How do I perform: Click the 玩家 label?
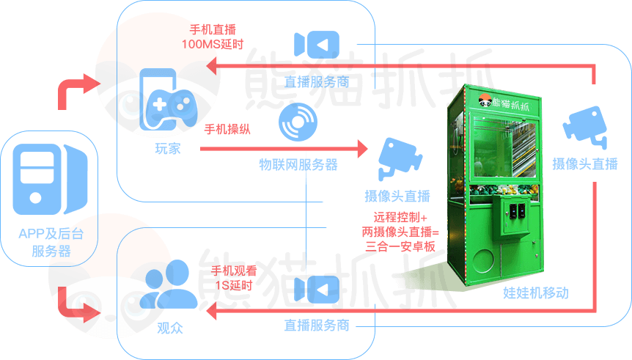167,149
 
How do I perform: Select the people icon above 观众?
170,283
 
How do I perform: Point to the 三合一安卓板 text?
400,247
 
